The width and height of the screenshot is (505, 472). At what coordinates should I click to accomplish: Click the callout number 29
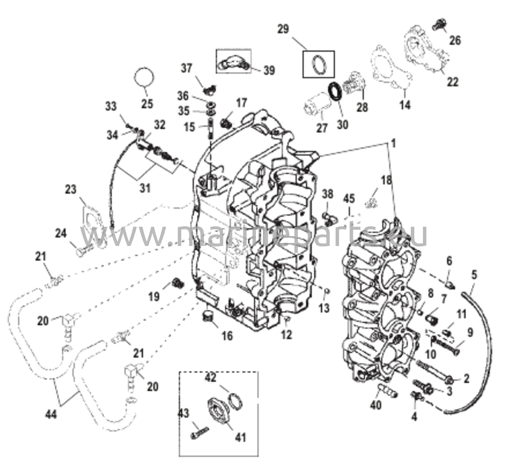283,29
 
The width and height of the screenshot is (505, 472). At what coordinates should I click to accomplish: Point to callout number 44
51,414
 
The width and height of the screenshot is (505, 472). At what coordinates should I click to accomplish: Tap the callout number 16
227,336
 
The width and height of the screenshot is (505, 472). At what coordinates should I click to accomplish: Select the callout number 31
145,188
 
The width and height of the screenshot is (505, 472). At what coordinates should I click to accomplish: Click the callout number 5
474,275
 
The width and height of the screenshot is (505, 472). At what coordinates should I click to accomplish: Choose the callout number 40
376,405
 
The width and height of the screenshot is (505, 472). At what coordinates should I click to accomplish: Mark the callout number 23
70,189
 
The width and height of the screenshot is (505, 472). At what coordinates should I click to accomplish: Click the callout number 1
393,144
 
